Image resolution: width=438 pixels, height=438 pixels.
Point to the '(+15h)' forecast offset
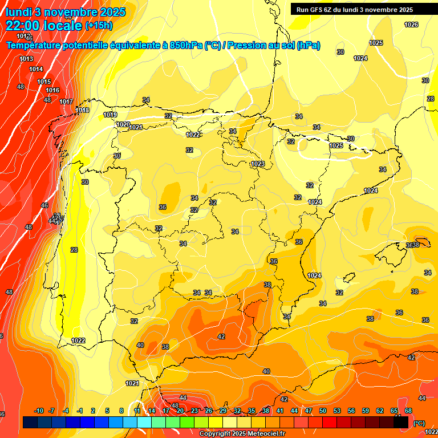(x=99, y=26)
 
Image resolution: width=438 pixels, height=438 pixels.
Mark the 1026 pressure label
(x=411, y=25)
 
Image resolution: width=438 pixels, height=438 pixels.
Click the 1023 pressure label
(x=258, y=164)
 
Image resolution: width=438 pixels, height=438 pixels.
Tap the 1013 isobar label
(x=26, y=59)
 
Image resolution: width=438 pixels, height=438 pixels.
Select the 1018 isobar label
(x=82, y=110)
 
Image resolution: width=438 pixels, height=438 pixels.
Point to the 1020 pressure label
(x=123, y=124)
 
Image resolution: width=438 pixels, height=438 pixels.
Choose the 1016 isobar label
(x=52, y=90)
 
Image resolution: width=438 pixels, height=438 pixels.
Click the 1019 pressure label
(x=110, y=115)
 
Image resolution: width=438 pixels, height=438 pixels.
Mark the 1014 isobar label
(x=36, y=69)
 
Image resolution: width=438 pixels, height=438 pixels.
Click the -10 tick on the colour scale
(x=39, y=411)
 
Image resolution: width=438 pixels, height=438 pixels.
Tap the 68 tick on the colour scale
(x=408, y=411)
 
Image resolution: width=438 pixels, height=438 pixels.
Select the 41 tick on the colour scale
(x=280, y=411)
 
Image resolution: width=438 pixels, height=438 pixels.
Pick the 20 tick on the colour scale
(x=180, y=411)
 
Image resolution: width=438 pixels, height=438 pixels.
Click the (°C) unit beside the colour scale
(x=419, y=423)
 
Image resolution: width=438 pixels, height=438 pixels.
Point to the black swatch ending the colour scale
(x=401, y=422)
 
